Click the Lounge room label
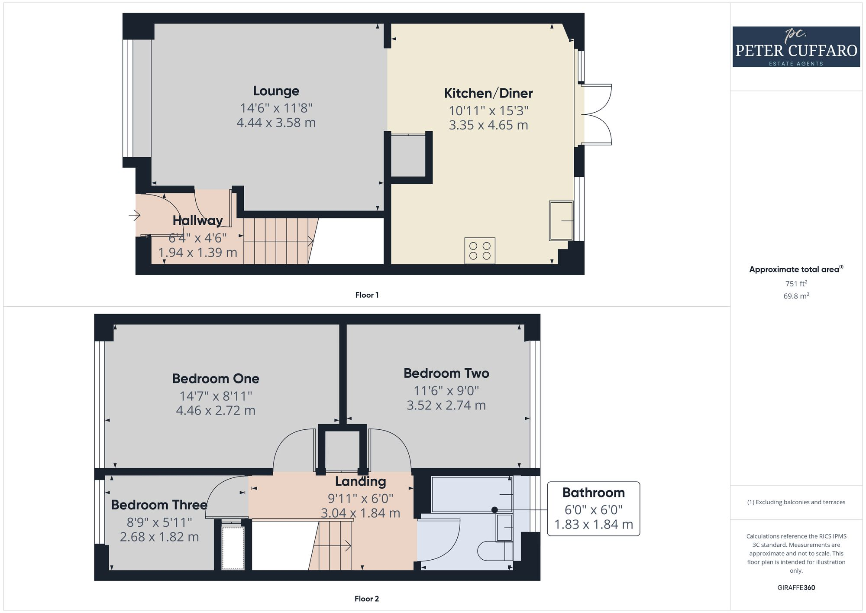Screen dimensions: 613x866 pos(276,91)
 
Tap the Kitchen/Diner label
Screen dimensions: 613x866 pos(488,93)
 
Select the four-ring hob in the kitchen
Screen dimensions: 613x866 pos(480,251)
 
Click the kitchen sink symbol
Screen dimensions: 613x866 pos(561,221)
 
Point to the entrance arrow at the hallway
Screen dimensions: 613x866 pos(135,214)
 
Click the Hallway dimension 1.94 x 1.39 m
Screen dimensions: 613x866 pos(197,253)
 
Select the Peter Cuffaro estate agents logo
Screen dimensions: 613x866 pos(796,47)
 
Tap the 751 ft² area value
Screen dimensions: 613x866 pos(796,284)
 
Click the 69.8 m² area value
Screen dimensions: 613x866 pos(796,296)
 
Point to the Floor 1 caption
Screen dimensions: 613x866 pos(367,295)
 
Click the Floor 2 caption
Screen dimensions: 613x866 pos(367,599)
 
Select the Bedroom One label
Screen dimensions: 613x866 pos(216,379)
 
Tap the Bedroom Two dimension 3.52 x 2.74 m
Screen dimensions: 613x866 pos(446,405)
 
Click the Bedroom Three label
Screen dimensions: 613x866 pos(159,505)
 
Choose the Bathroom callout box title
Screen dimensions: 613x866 pos(593,493)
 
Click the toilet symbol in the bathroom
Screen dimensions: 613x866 pos(494,551)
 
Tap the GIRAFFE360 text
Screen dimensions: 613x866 pos(796,588)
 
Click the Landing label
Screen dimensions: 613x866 pos(360,481)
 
